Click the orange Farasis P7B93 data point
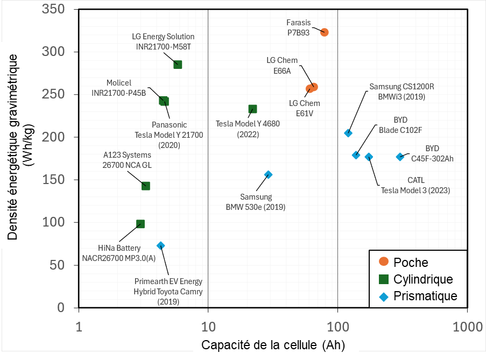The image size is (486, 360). pos(324,32)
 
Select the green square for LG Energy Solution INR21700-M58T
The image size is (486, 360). pos(178,65)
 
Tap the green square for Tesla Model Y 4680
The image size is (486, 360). pos(252,109)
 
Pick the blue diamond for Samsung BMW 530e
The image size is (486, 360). pos(268,174)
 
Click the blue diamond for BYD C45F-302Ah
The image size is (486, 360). pos(400,157)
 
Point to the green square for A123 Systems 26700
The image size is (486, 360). pos(145,186)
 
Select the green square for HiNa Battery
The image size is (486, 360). pos(140,224)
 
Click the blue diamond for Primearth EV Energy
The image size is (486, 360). pos(160,245)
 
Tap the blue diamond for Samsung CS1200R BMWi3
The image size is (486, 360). pos(348,133)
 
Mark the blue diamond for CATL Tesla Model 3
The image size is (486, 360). pos(369,157)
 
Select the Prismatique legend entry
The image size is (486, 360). pos(425,296)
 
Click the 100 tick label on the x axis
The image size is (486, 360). pos(337,327)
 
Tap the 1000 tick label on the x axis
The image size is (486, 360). pos(467,327)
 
